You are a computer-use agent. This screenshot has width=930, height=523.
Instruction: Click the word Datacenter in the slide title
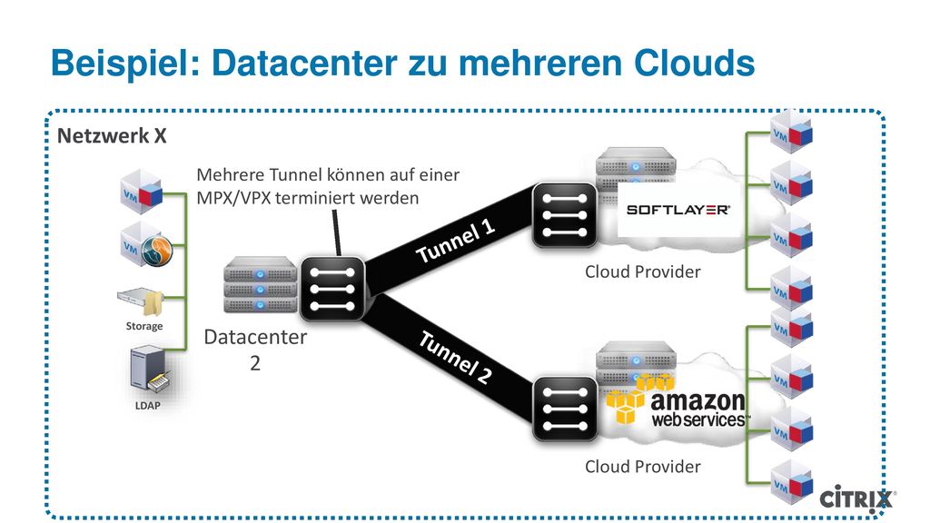tap(304, 63)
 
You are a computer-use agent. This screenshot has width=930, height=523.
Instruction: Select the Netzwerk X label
tap(112, 136)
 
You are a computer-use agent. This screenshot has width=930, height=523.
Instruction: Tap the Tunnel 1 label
tap(455, 241)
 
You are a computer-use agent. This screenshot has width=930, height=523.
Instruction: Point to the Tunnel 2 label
tap(456, 357)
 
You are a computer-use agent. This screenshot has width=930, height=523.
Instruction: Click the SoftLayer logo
tap(678, 210)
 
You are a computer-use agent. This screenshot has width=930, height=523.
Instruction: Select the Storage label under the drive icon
tap(144, 326)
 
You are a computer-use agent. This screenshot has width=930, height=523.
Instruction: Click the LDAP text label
tap(148, 406)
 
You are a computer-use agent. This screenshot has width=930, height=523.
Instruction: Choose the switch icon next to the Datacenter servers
tap(332, 289)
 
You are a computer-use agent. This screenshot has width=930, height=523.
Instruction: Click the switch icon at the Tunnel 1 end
tap(564, 214)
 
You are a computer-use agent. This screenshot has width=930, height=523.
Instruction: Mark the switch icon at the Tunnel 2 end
tap(564, 410)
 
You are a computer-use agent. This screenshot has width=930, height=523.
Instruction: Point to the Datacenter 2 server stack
tap(261, 284)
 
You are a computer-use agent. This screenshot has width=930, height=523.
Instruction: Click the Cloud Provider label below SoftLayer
tap(642, 271)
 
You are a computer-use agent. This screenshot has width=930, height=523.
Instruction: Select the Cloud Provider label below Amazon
tap(642, 467)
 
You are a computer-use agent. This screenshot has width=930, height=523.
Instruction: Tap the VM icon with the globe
tap(146, 245)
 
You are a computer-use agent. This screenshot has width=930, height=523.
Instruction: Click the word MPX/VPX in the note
tap(232, 197)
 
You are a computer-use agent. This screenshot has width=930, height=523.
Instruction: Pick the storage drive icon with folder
tap(141, 301)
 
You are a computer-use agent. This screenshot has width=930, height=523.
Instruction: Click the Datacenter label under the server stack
tap(255, 337)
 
